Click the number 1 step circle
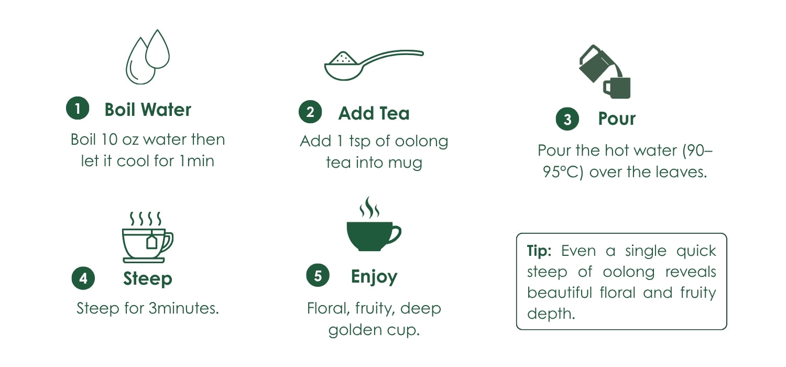point(78,108)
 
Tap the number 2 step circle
point(310,112)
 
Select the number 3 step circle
point(567,119)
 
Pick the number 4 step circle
point(83,278)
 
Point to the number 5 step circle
point(318,275)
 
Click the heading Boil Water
point(148,110)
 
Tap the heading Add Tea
point(374,113)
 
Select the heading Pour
point(617,118)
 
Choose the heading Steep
point(148,279)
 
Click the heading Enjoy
point(374,277)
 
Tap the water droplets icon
point(148,57)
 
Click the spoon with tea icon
point(374,65)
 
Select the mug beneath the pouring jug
point(617,88)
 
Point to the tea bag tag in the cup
point(151,242)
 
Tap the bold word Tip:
point(539,251)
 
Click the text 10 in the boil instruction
point(109,139)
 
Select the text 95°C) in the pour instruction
point(563,172)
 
